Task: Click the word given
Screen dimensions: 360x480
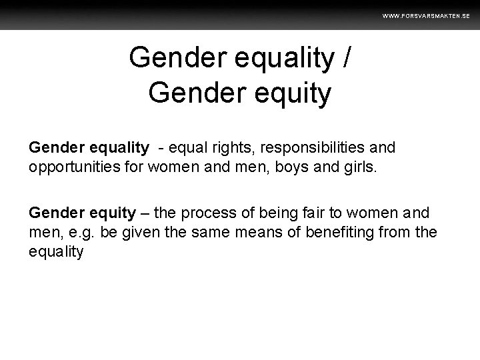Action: click(139, 232)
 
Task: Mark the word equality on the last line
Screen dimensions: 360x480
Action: click(57, 251)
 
